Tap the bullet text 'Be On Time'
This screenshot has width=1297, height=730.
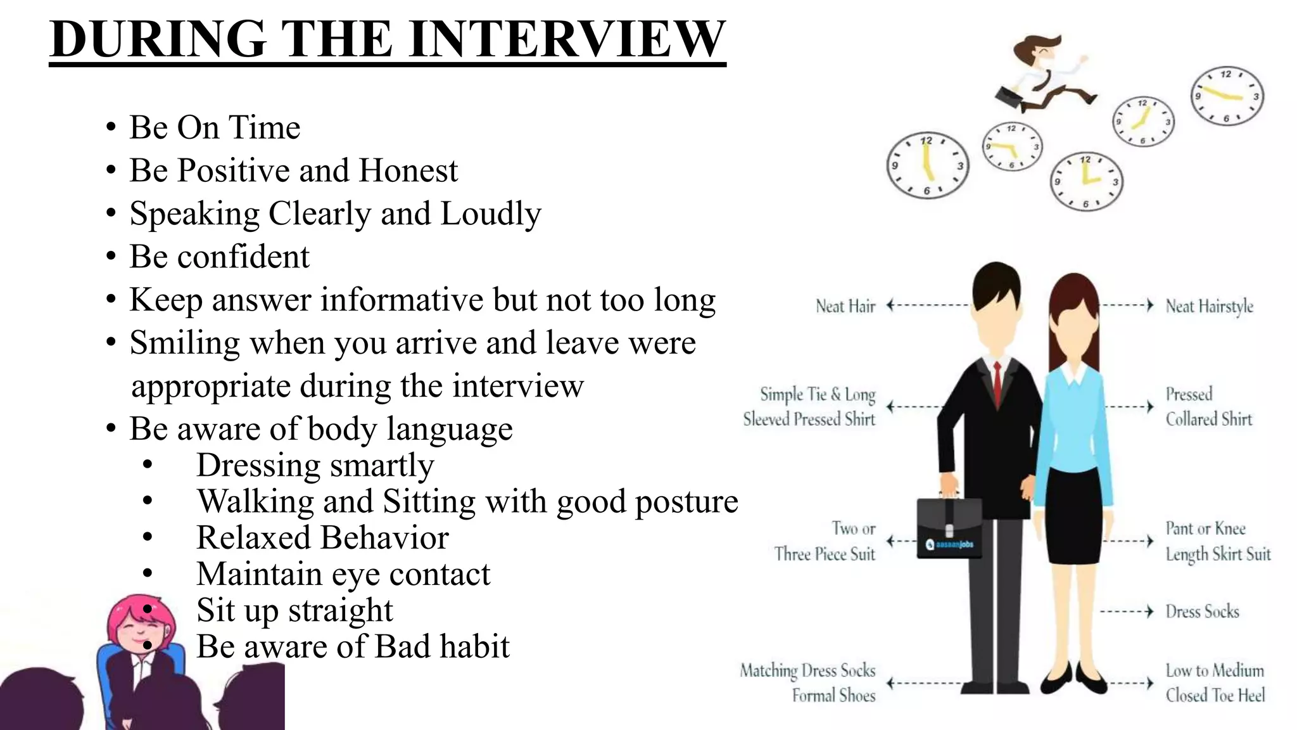[215, 127]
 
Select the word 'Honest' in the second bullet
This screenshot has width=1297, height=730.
[408, 170]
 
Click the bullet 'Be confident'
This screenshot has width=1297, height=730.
[219, 257]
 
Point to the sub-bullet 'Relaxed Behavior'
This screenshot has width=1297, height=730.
[322, 538]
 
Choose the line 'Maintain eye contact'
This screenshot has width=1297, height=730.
[343, 574]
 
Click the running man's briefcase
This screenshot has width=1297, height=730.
[1008, 98]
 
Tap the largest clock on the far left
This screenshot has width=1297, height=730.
[927, 165]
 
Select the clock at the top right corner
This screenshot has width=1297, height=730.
[1227, 96]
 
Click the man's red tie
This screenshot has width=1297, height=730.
[997, 383]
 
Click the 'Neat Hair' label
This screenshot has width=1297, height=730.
[845, 307]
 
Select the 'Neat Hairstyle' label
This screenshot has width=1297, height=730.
[1209, 307]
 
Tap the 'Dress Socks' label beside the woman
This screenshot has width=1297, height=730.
[1202, 612]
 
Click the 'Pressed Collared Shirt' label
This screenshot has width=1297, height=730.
[1208, 407]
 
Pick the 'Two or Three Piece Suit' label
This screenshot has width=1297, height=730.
[825, 541]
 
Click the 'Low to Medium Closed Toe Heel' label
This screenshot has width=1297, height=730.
[1215, 683]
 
